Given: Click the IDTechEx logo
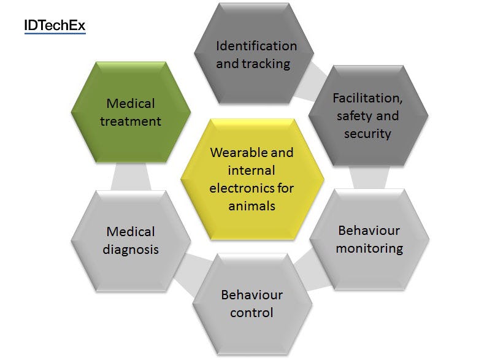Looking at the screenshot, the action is tap(55, 26).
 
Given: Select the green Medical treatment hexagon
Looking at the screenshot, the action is tap(131, 112).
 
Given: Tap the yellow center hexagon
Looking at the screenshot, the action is tap(252, 179).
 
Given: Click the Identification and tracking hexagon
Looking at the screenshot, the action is tap(254, 53).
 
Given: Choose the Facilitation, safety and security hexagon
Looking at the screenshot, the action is tap(368, 115).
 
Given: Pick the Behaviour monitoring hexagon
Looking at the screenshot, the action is tap(369, 239).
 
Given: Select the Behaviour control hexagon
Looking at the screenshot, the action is tap(252, 304).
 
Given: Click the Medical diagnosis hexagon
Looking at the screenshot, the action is tap(131, 241).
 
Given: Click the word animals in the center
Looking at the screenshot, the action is tap(252, 206).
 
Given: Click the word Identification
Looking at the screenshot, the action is tap(256, 46).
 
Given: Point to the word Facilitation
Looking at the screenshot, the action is tap(367, 98).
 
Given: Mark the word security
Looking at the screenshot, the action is tap(367, 134).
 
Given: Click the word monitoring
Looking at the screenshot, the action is tap(369, 248).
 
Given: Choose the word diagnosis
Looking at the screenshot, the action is tap(131, 250).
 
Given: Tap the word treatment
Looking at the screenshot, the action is tap(131, 121).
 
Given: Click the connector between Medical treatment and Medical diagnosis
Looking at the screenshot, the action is tap(131, 177).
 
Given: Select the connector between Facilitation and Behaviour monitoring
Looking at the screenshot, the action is tap(369, 177).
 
